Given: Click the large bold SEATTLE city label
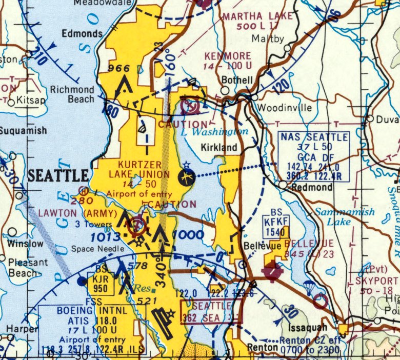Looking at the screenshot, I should point(58,176).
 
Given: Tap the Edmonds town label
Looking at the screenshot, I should point(82,33).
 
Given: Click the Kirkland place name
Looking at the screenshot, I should point(219,148).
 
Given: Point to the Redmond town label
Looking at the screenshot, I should point(312,188).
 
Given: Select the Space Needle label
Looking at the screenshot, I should point(98,249).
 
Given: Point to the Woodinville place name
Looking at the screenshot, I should point(285,108).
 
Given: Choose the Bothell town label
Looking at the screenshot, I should point(236,81).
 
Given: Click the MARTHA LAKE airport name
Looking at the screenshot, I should point(257,16).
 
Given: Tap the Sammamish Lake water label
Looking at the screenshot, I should point(345,217).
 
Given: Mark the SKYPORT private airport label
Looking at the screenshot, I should point(377,282).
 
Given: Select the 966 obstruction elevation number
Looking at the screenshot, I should point(119,68).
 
